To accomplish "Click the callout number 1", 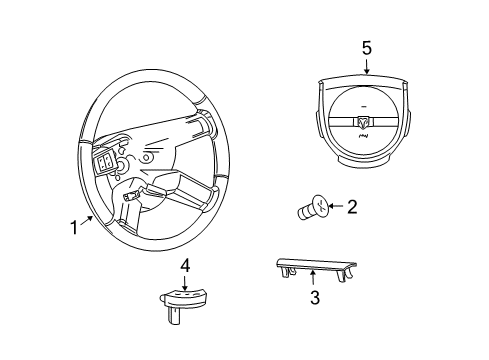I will [x=73, y=227].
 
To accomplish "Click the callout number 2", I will [x=351, y=206].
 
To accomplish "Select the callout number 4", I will [x=184, y=265].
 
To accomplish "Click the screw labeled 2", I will [x=311, y=209].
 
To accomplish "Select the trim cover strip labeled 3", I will [x=312, y=267].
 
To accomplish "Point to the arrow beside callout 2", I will [x=335, y=207].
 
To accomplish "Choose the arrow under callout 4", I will [x=184, y=281].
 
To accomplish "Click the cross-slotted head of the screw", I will [x=318, y=206].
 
